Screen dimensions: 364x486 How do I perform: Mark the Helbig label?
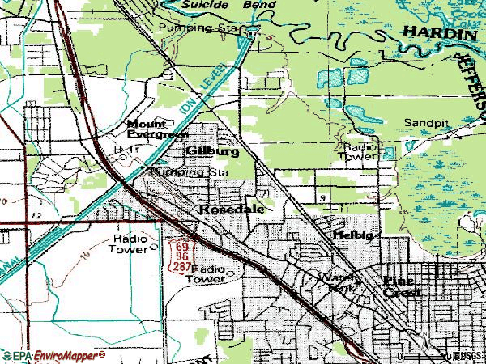[351, 234]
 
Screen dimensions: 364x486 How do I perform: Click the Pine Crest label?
[402, 286]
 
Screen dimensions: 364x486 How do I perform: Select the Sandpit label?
[426, 122]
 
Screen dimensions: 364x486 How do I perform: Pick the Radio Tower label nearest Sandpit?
[360, 151]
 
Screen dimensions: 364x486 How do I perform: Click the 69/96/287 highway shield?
[180, 255]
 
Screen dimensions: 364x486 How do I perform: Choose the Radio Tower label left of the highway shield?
[130, 244]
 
